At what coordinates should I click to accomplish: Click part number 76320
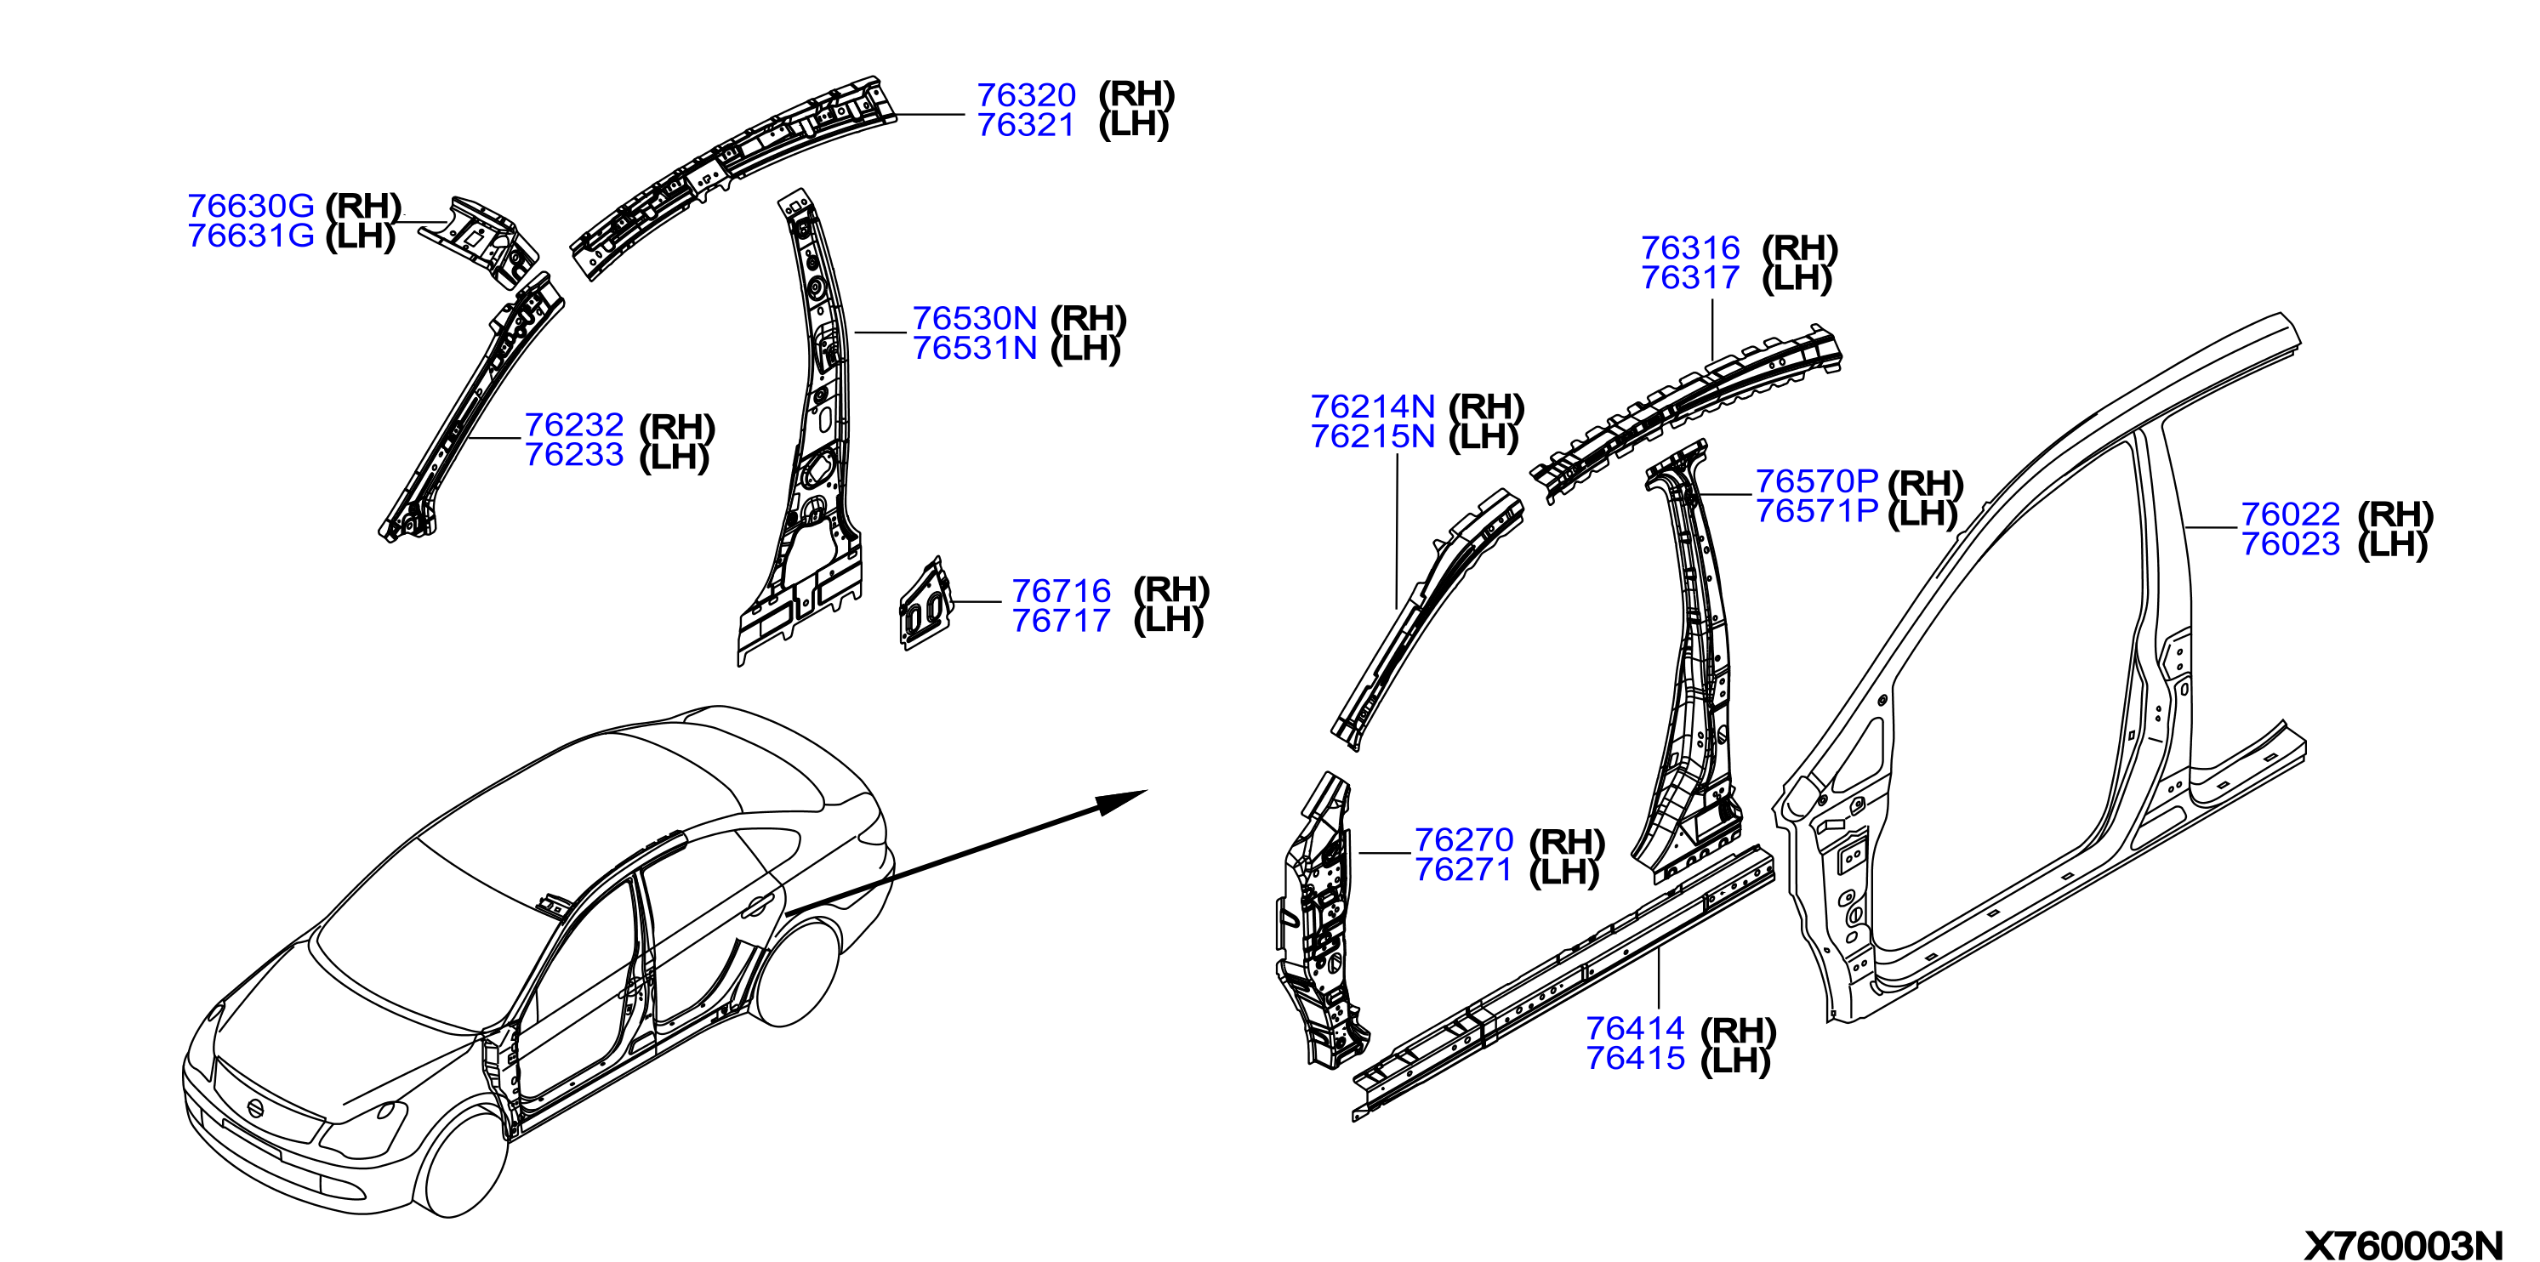[x=1026, y=94]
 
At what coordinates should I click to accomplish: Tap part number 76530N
[x=974, y=318]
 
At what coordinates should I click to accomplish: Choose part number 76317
[x=1690, y=278]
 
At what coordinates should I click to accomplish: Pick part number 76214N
[x=1373, y=406]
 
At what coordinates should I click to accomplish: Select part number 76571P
[x=1816, y=511]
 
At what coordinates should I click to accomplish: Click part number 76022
[x=2291, y=514]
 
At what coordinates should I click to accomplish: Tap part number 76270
[x=1463, y=840]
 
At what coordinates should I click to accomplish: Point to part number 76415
[x=1635, y=1058]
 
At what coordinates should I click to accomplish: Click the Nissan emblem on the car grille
[x=255, y=1108]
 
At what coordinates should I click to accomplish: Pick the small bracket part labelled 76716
[x=925, y=604]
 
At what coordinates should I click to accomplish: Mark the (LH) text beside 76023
[x=2392, y=544]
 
